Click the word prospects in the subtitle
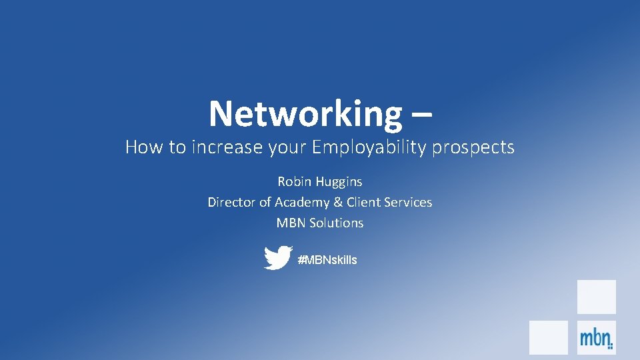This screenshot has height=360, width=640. coord(473,148)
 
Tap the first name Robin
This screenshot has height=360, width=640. coord(293,181)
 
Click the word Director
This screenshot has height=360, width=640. coord(231,202)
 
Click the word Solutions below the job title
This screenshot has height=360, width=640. coord(337,223)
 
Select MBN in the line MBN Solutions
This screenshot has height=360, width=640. coord(291,223)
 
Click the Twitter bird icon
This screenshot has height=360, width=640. coord(277,258)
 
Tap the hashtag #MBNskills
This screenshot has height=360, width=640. coord(327,260)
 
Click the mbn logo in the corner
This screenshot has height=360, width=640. coord(596,337)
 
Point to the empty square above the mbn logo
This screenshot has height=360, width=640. coord(596,297)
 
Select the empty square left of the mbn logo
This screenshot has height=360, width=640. coord(548,337)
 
